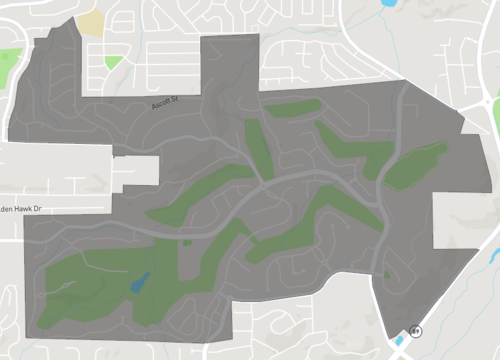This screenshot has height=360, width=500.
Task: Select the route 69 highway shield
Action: (x=414, y=330)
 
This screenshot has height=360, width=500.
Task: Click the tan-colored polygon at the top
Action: (x=90, y=22)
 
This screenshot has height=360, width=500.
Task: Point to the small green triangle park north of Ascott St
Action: (x=113, y=62)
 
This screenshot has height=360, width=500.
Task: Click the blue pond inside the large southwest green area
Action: (x=141, y=283)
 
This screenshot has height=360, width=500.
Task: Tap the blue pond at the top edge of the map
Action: (x=389, y=4)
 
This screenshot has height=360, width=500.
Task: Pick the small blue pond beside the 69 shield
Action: (x=402, y=340)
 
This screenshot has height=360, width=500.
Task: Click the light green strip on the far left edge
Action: (x=9, y=66)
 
